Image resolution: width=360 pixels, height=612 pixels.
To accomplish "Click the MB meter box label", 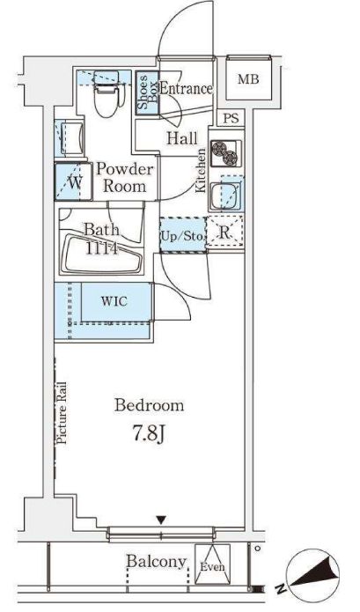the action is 248,79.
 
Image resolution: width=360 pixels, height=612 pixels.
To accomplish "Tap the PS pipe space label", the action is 231,118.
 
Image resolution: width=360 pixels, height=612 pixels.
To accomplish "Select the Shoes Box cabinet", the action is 147,92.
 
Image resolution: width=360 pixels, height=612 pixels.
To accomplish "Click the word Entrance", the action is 186,89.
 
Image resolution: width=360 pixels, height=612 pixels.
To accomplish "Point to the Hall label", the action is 182,138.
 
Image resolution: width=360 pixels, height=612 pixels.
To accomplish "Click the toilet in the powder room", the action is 107,93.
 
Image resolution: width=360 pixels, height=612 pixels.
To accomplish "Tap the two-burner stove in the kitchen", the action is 226,153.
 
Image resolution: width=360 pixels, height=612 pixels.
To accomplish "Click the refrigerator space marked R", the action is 224,232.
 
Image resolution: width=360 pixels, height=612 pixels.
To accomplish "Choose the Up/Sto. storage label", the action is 182,236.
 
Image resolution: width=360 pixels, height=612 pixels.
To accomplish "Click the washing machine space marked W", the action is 74,182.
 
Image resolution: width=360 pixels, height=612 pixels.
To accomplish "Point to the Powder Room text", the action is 125,178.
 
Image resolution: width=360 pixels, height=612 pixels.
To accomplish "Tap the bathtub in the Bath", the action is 101,254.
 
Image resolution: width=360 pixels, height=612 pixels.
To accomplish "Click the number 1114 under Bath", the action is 101,247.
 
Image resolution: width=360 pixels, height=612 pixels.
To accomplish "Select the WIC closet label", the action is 114,301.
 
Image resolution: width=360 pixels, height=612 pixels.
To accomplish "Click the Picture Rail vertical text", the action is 62,413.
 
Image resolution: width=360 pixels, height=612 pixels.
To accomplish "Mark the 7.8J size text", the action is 149,435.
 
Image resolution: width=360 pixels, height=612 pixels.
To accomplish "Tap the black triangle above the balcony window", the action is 161,520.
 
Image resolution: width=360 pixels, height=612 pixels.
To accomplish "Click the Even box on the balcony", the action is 212,564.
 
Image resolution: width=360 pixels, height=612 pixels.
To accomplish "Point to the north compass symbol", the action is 312,574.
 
